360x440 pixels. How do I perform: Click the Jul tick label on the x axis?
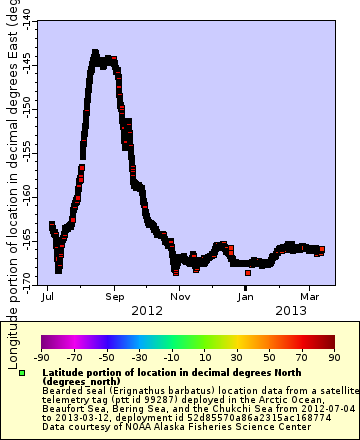pyautogui.click(x=48, y=297)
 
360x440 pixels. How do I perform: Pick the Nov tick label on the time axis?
pyautogui.click(x=180, y=297)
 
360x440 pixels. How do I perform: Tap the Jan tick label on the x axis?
pyautogui.click(x=246, y=297)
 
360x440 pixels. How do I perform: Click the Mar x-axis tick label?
pyautogui.click(x=310, y=297)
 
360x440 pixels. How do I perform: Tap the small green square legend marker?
pyautogui.click(x=22, y=372)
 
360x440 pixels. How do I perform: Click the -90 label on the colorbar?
pyautogui.click(x=41, y=356)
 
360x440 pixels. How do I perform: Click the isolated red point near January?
pyautogui.click(x=248, y=272)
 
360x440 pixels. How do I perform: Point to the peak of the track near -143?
pyautogui.click(x=95, y=52)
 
